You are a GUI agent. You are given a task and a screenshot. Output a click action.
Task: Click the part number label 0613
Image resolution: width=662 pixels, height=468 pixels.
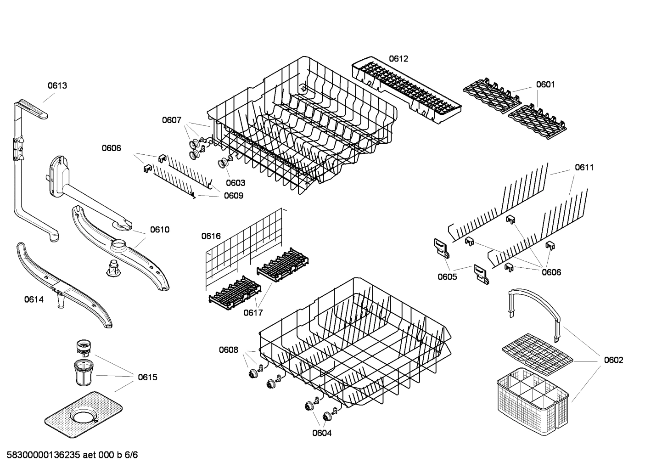point(57,85)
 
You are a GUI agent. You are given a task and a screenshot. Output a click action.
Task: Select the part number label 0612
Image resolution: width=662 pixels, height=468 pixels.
point(398,59)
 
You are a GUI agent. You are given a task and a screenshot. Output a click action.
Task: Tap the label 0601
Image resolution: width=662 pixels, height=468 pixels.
point(545,85)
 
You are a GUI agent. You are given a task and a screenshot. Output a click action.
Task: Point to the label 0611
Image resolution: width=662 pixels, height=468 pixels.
point(584,168)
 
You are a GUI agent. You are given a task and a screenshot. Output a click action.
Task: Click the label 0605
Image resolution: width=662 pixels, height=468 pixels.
point(447,276)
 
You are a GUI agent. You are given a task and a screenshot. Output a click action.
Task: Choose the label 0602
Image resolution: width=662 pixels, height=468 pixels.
point(613,360)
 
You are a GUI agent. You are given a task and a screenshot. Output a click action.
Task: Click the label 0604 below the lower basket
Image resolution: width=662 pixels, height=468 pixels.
point(322,433)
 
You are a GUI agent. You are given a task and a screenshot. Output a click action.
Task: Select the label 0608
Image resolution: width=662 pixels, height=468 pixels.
point(228,350)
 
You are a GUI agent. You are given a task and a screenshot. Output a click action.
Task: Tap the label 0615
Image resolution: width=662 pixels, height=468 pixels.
point(147,378)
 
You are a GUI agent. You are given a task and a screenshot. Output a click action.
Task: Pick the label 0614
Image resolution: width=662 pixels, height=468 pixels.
point(34,299)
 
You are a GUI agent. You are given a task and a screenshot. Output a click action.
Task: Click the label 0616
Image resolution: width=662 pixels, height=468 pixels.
point(211,236)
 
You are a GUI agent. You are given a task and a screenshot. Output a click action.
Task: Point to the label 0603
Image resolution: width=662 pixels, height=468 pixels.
point(235,183)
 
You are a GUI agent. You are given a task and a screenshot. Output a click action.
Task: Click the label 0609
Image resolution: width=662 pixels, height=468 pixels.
point(233,196)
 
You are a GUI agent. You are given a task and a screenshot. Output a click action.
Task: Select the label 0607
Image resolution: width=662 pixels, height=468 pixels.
point(171,120)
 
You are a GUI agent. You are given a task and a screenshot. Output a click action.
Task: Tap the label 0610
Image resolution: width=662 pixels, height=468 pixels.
point(159,230)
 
